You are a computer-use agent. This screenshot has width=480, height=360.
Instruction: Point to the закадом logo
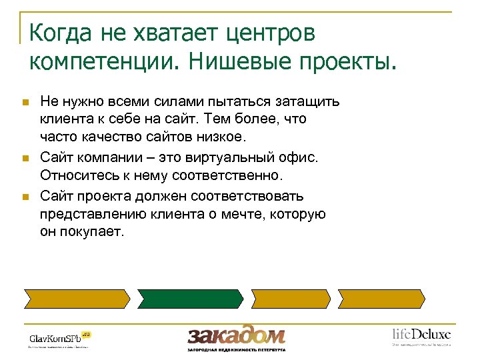(236, 336)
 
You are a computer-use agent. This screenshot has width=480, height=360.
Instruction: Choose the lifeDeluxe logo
(421, 336)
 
